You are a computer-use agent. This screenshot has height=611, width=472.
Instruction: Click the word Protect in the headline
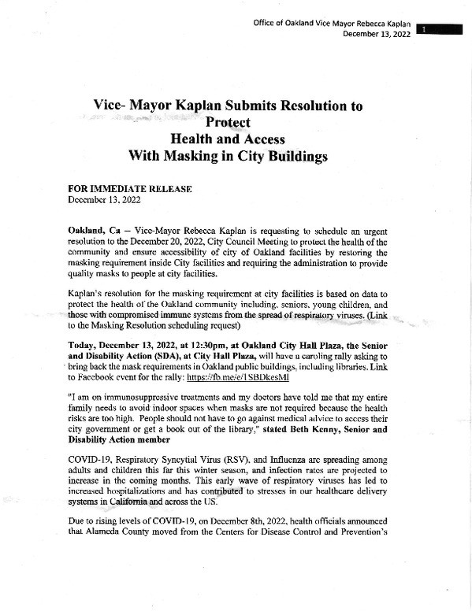(x=227, y=122)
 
